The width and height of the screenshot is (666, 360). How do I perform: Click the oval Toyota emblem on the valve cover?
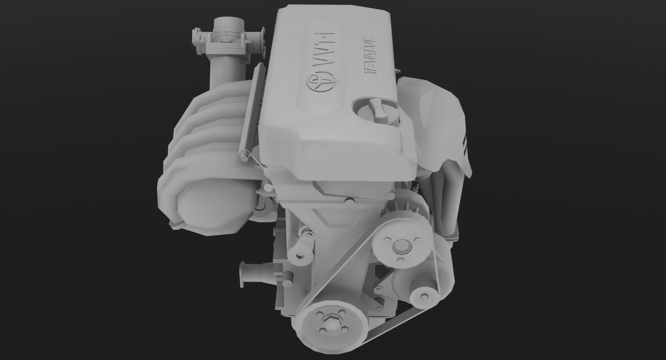(x=320, y=82)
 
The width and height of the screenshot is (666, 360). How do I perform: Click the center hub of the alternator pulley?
(x=399, y=246)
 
